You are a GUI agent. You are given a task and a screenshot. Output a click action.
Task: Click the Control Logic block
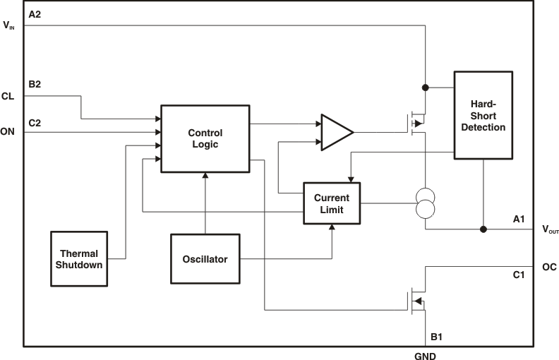pyautogui.click(x=205, y=138)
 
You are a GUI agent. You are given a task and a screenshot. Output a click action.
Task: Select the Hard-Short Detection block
pyautogui.click(x=482, y=114)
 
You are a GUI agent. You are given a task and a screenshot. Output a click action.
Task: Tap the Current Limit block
pyautogui.click(x=332, y=203)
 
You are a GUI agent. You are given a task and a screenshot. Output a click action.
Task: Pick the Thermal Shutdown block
pyautogui.click(x=79, y=258)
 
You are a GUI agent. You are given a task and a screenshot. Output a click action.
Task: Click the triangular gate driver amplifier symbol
pyautogui.click(x=336, y=132)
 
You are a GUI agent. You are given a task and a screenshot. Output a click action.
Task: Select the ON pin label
pyautogui.click(x=8, y=131)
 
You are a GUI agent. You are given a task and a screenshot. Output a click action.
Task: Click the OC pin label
pyautogui.click(x=549, y=267)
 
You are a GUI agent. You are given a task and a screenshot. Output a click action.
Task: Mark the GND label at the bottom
pyautogui.click(x=425, y=355)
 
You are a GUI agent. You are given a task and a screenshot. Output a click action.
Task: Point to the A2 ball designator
pyautogui.click(x=35, y=14)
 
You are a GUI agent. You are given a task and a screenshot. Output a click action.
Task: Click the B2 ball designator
pyautogui.click(x=35, y=85)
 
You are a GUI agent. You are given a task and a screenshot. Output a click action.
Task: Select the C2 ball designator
pyautogui.click(x=35, y=122)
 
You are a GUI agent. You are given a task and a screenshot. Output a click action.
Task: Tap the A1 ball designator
pyautogui.click(x=519, y=220)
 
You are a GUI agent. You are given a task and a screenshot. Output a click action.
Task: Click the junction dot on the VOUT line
pyautogui.click(x=483, y=229)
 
